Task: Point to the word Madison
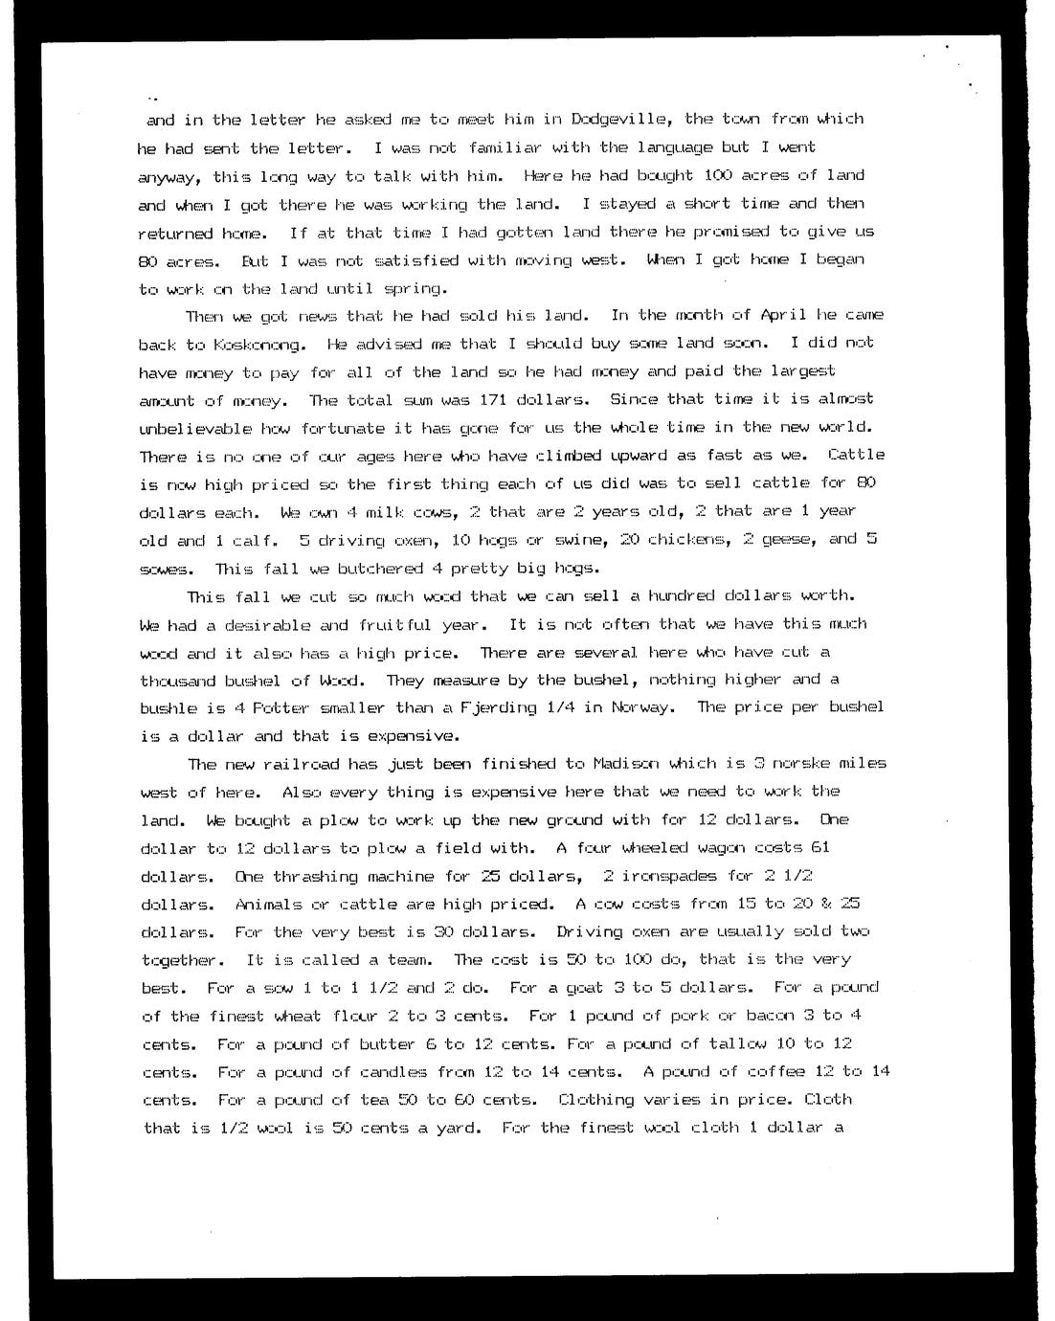point(627,764)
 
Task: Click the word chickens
point(685,539)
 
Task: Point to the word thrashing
point(315,877)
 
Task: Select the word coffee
point(763,1072)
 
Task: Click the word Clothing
point(595,1100)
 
